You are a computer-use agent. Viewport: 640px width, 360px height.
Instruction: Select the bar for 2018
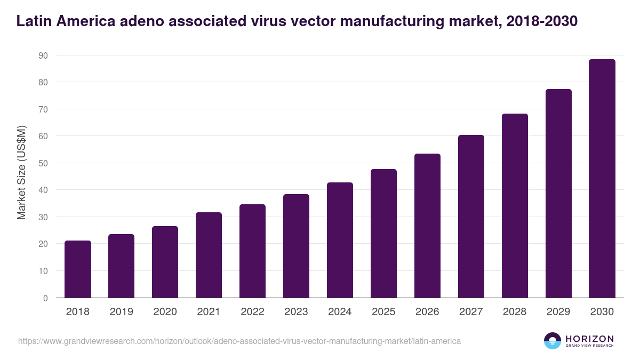tap(78, 269)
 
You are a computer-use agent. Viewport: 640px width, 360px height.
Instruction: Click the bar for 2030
tap(602, 179)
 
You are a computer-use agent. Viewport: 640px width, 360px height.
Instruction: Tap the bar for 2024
tap(340, 240)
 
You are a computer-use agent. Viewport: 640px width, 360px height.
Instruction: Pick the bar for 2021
tap(209, 255)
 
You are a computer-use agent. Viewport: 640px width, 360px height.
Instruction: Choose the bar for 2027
tap(471, 217)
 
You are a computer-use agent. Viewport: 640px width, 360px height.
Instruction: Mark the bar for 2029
tap(558, 194)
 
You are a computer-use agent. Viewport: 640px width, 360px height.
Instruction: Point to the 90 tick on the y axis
tap(43, 55)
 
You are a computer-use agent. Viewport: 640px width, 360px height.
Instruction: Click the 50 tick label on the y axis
tap(43, 163)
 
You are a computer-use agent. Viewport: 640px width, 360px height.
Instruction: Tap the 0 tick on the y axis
tap(45, 298)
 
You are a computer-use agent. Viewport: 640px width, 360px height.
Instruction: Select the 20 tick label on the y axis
tap(43, 244)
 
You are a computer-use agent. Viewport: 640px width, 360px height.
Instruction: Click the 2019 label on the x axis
tap(122, 312)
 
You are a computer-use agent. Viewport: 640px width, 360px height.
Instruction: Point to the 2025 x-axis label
tap(383, 312)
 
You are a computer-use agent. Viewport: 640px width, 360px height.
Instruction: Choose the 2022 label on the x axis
tap(252, 312)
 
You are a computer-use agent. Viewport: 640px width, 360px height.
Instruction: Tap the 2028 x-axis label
tap(515, 312)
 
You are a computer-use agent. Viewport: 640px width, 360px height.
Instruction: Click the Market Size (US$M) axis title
tap(21, 172)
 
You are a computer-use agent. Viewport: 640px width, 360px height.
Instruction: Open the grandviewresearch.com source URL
tap(239, 341)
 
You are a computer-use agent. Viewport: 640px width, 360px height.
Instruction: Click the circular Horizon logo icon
tap(553, 341)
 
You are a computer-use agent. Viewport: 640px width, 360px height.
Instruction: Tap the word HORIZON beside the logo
tap(589, 339)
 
